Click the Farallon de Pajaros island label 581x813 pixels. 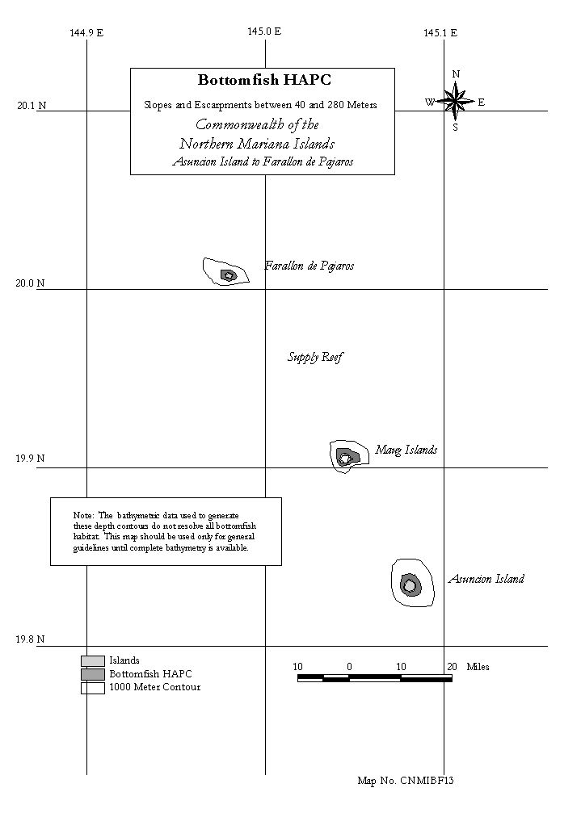[x=309, y=266]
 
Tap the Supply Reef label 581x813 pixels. [x=315, y=357]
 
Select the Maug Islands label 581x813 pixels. [x=406, y=450]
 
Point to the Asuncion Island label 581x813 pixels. [x=486, y=579]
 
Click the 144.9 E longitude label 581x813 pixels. [x=86, y=33]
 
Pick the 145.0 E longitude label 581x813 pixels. [x=264, y=31]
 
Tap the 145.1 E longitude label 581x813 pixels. [x=440, y=33]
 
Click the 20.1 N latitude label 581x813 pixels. [x=32, y=106]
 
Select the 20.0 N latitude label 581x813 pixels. [x=30, y=283]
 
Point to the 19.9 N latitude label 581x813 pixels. [x=30, y=459]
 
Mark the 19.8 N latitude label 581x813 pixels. [x=30, y=639]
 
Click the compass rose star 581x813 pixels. [x=455, y=101]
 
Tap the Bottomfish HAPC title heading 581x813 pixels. [x=264, y=80]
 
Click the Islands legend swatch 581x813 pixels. [x=93, y=660]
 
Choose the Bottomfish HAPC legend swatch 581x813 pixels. [x=93, y=674]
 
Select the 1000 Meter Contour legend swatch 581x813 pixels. [x=93, y=688]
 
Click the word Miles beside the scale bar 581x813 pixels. [x=478, y=667]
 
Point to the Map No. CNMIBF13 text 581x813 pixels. [x=406, y=781]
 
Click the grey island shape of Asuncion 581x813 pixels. [x=410, y=586]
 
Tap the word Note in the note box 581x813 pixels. [x=83, y=515]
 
